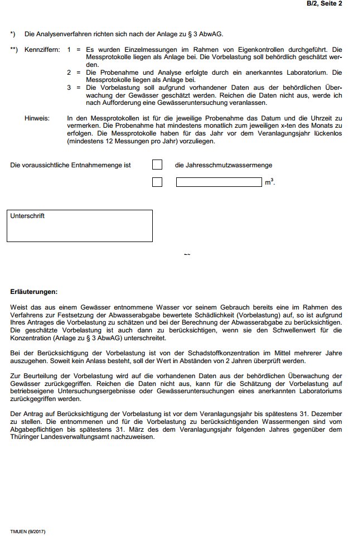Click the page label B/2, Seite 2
point(324,3)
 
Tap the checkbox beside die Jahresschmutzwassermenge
point(157,165)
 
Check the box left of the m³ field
point(157,182)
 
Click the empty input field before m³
point(219,182)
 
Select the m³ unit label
point(269,182)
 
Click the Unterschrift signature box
point(80,226)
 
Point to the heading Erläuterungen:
point(34,292)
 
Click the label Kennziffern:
point(42,50)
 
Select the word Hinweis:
point(37,118)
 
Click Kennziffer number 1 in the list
point(69,50)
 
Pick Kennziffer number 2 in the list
point(69,73)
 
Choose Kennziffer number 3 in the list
point(69,88)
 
